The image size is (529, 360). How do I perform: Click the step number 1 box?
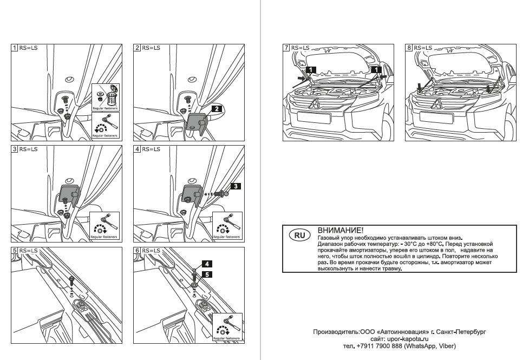pos(15,48)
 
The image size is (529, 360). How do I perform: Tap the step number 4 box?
pos(137,148)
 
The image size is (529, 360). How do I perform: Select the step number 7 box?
pos(286,48)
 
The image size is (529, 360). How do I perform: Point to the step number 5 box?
pos(15,251)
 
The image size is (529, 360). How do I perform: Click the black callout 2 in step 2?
pos(215,108)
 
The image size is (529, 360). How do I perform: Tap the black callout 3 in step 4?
pos(236,186)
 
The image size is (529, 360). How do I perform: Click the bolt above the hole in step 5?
pos(71,279)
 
